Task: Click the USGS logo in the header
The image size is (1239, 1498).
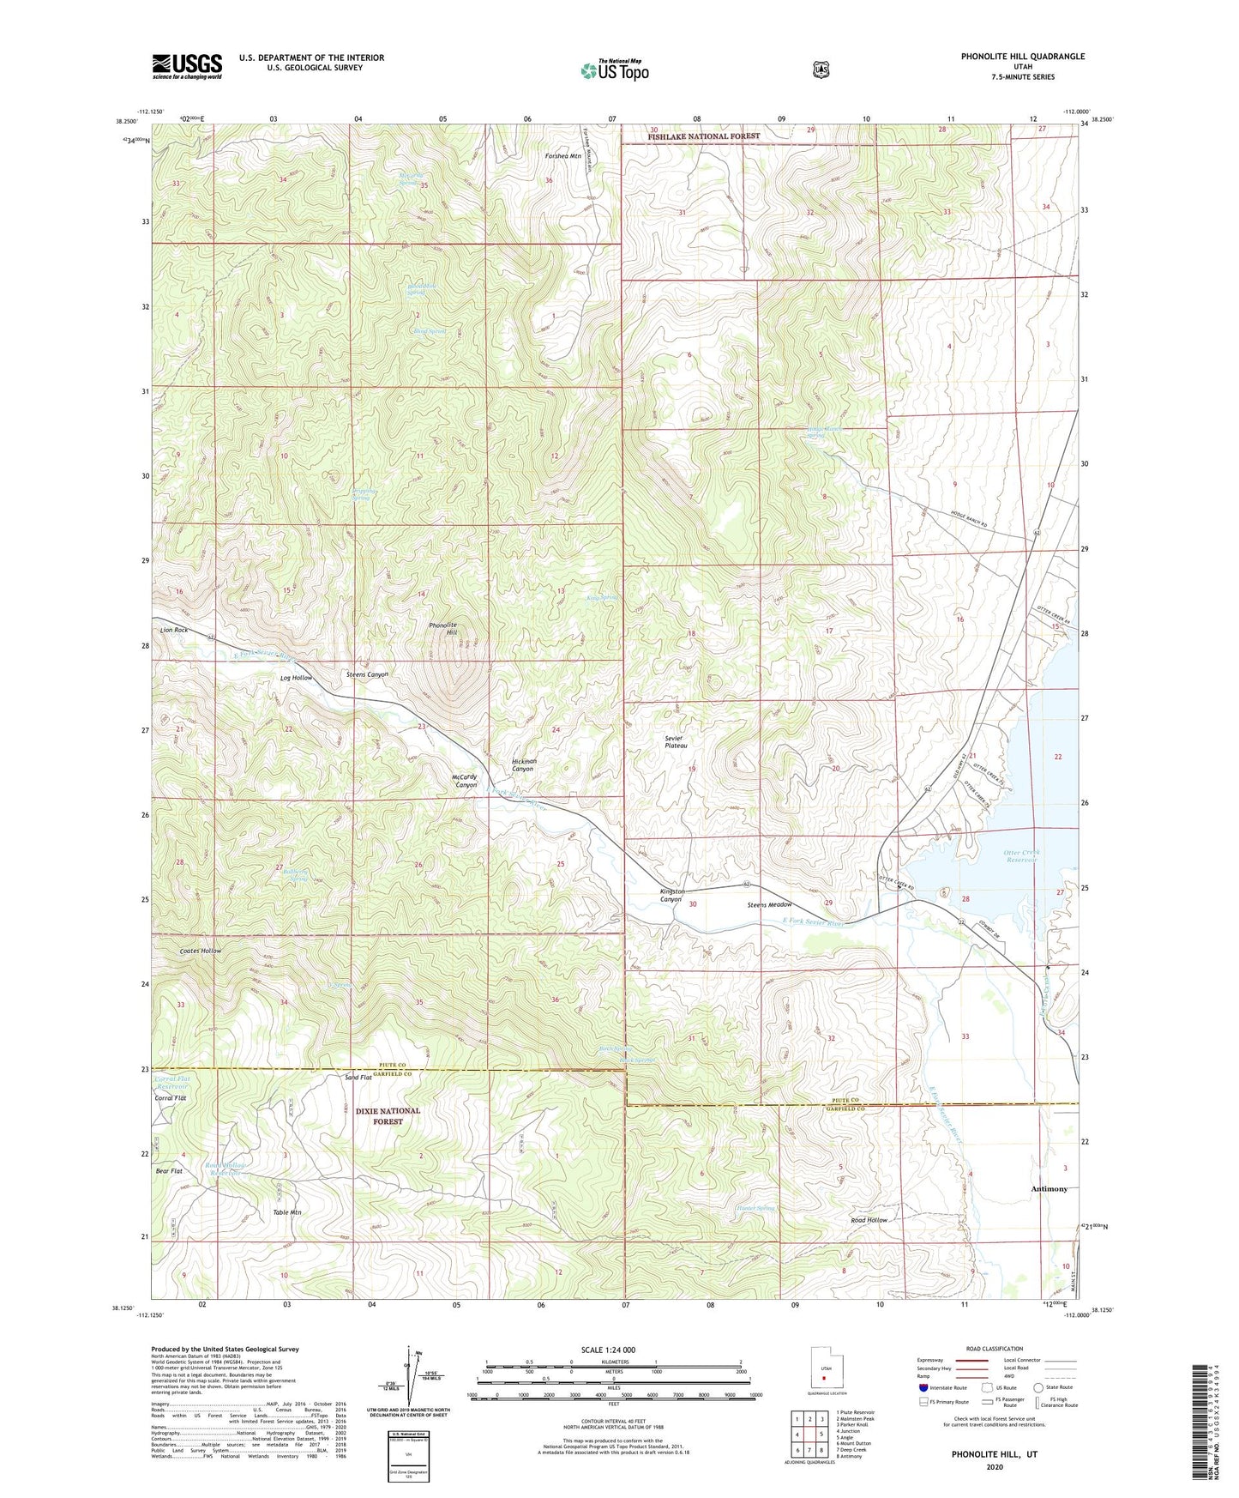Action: [x=187, y=66]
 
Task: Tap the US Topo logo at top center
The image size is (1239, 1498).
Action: [x=614, y=70]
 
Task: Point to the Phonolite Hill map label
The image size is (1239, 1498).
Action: [x=442, y=629]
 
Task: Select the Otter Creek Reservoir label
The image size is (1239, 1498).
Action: [x=1021, y=857]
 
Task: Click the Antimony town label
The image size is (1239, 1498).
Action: [x=1049, y=1189]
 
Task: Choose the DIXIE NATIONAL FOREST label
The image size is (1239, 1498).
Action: [x=388, y=1115]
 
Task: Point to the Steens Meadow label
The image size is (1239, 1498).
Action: [x=769, y=905]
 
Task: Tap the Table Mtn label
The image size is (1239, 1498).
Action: [x=287, y=1212]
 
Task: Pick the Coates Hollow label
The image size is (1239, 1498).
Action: [x=201, y=951]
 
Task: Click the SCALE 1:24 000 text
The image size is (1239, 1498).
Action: [x=608, y=1350]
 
